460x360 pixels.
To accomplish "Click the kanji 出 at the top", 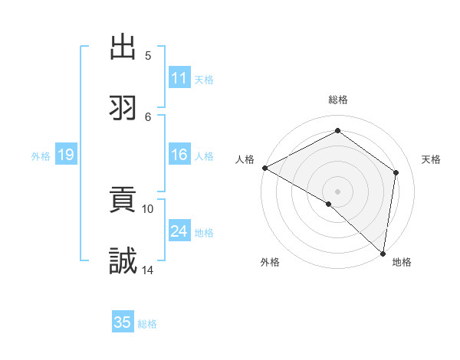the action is tap(123, 47).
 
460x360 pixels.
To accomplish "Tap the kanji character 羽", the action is tap(123, 108).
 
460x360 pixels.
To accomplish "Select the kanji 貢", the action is tap(123, 201).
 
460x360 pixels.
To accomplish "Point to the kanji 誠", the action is tap(123, 261).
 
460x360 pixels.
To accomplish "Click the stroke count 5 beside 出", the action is tap(148, 56).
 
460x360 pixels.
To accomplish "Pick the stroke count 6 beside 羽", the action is tap(148, 116).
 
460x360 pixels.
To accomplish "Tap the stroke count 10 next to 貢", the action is tap(148, 208).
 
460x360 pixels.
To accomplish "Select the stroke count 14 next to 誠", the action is tap(148, 270).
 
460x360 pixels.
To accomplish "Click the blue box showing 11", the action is tap(179, 78).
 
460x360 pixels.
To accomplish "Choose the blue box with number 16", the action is tap(179, 155).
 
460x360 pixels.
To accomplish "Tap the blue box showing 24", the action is tap(179, 231).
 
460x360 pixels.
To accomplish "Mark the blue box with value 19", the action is tap(65, 155).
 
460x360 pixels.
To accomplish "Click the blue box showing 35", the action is tap(123, 322).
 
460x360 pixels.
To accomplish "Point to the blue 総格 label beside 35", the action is tap(147, 324).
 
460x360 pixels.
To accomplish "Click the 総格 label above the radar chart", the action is tap(338, 100).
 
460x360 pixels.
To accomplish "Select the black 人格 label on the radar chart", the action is tap(245, 159).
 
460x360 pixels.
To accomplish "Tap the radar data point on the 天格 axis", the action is tap(396, 172).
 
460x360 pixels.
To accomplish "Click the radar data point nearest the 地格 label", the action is tap(383, 253).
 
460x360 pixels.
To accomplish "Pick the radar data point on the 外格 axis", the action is tap(329, 204).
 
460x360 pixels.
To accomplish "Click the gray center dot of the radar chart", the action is tap(338, 191).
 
